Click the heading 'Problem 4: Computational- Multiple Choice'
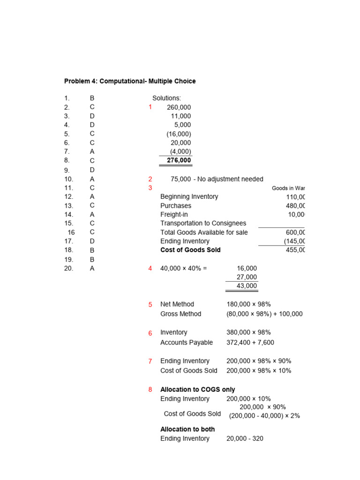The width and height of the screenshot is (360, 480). click(130, 81)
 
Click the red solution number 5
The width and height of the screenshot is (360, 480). click(150, 305)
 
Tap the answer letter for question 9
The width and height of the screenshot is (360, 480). click(92, 170)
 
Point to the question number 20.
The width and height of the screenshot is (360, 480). click(68, 269)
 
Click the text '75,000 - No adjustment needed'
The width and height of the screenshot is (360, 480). click(217, 179)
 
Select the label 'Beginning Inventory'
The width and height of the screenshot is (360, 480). click(189, 196)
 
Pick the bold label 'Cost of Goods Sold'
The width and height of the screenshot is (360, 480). click(190, 250)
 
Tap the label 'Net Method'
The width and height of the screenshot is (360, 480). click(177, 304)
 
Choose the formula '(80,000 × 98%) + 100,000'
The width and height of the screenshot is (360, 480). click(264, 314)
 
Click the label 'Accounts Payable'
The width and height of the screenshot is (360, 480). click(186, 343)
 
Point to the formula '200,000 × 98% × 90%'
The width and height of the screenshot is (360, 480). click(258, 361)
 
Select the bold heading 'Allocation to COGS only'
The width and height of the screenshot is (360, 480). click(197, 390)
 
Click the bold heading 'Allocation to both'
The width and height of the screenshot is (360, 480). click(187, 429)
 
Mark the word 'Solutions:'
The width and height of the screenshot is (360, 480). click(166, 98)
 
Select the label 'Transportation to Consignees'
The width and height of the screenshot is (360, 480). click(203, 223)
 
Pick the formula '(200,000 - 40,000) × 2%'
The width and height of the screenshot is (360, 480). click(264, 416)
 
